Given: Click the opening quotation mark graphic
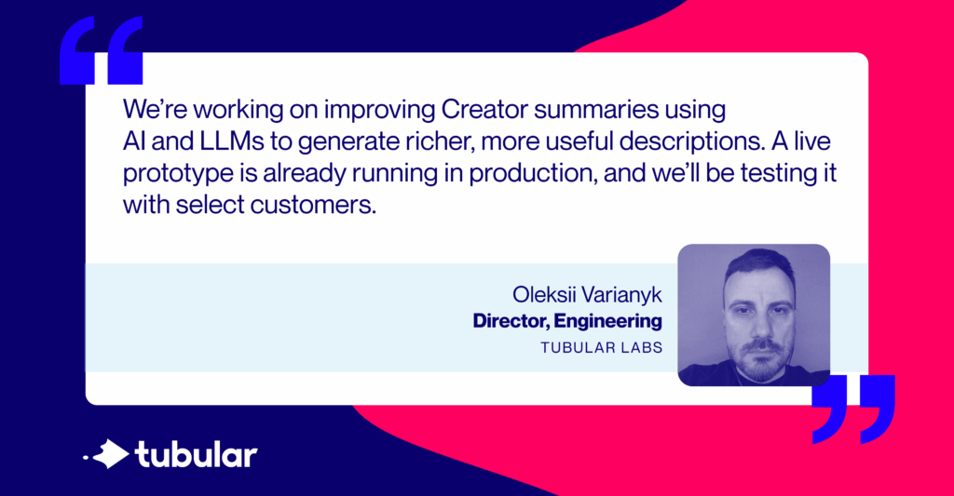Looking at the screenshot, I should (x=101, y=51).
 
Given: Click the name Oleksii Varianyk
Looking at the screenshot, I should (x=587, y=295).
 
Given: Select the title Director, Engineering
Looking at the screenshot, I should (x=567, y=321).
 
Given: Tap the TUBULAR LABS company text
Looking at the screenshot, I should (x=601, y=348).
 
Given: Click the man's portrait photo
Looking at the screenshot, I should (x=753, y=315).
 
